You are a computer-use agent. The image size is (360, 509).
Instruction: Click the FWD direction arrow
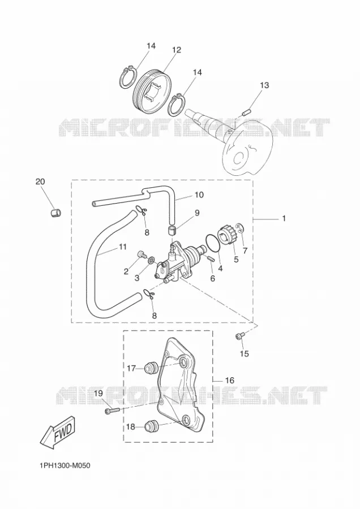[x=58, y=432]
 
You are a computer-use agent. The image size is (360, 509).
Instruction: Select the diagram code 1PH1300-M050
[x=65, y=466]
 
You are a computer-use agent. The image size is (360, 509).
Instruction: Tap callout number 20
[x=40, y=182]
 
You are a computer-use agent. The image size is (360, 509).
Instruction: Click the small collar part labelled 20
[x=56, y=213]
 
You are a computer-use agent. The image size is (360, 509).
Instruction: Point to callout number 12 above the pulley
[x=177, y=50]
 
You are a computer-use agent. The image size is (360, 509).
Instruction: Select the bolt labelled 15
[x=239, y=337]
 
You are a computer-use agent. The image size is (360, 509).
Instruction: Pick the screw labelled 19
[x=113, y=411]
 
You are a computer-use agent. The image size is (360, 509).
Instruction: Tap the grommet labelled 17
[x=151, y=368]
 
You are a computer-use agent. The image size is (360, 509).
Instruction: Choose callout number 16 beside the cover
[x=229, y=380]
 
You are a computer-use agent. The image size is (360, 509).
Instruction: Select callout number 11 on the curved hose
[x=122, y=247]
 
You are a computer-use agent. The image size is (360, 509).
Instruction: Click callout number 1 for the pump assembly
[x=284, y=218]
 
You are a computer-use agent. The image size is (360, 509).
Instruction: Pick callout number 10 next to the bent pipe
[x=199, y=195]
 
